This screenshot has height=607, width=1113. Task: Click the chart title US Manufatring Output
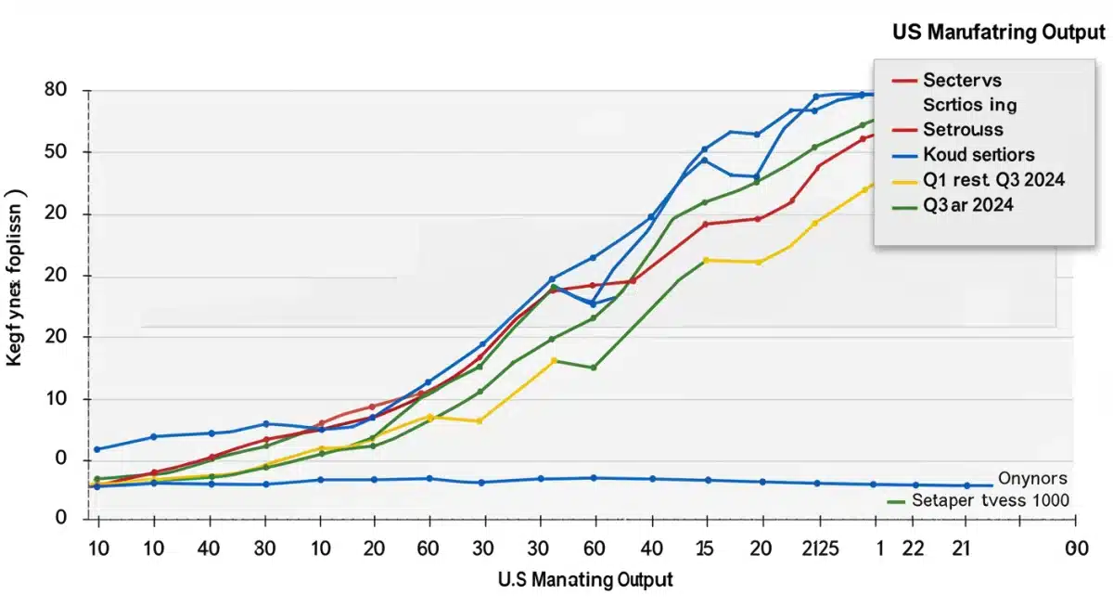998,32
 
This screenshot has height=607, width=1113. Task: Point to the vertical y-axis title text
16,279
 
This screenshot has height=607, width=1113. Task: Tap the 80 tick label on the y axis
55,91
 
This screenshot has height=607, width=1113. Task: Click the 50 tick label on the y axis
55,152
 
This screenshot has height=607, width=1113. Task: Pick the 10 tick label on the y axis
55,399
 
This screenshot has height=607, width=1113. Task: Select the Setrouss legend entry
963,130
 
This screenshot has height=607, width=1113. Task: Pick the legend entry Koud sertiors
979,155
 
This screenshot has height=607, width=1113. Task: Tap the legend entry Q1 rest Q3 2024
993,180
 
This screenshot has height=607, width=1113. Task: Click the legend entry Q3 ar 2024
968,205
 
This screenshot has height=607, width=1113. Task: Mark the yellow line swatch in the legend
903,180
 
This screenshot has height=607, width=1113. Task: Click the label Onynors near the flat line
1033,479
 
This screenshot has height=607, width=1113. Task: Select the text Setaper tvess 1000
991,500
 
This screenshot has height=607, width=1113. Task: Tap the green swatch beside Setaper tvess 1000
896,501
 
